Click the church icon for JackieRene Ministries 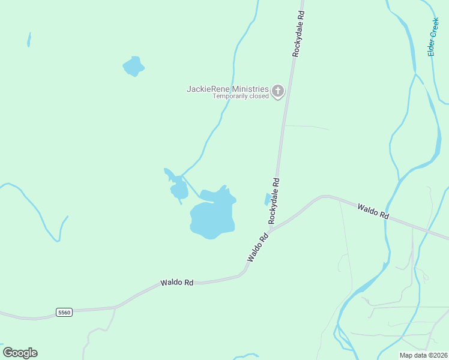pyautogui.click(x=277, y=91)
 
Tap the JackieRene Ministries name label pyautogui.click(x=227, y=89)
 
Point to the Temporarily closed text pyautogui.click(x=241, y=97)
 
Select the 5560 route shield pyautogui.click(x=64, y=312)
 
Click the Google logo pyautogui.click(x=20, y=353)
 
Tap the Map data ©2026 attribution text pyautogui.click(x=423, y=355)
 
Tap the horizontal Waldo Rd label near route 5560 pyautogui.click(x=176, y=282)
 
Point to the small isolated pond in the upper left pyautogui.click(x=133, y=66)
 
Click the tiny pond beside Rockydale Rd pyautogui.click(x=267, y=199)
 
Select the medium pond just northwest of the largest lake pyautogui.click(x=179, y=190)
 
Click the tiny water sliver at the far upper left pyautogui.click(x=29, y=40)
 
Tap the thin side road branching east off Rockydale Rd pyautogui.click(x=306, y=127)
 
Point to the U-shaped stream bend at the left pyautogui.click(x=57, y=239)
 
